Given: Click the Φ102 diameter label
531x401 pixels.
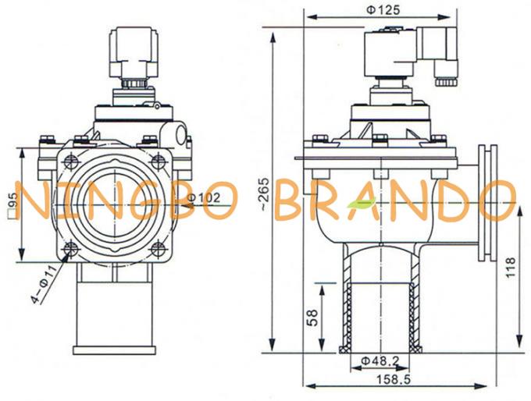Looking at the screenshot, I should pyautogui.click(x=205, y=197).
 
